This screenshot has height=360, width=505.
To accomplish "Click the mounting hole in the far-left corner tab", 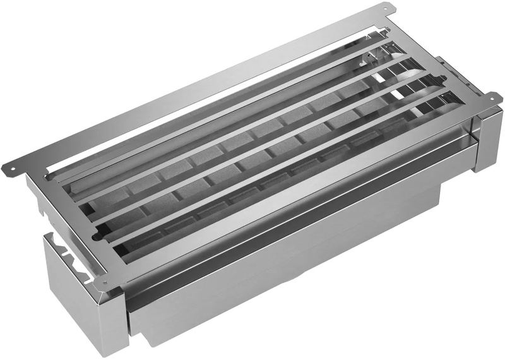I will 8,169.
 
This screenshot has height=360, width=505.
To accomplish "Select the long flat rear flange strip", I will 189,88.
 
